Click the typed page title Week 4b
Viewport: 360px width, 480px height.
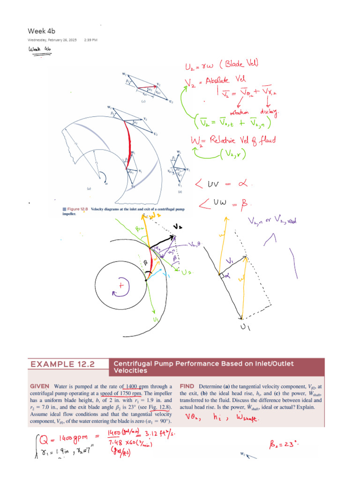[x=42, y=31]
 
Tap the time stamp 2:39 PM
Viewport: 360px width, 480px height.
[x=90, y=40]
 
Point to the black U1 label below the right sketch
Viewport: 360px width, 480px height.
[x=245, y=328]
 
